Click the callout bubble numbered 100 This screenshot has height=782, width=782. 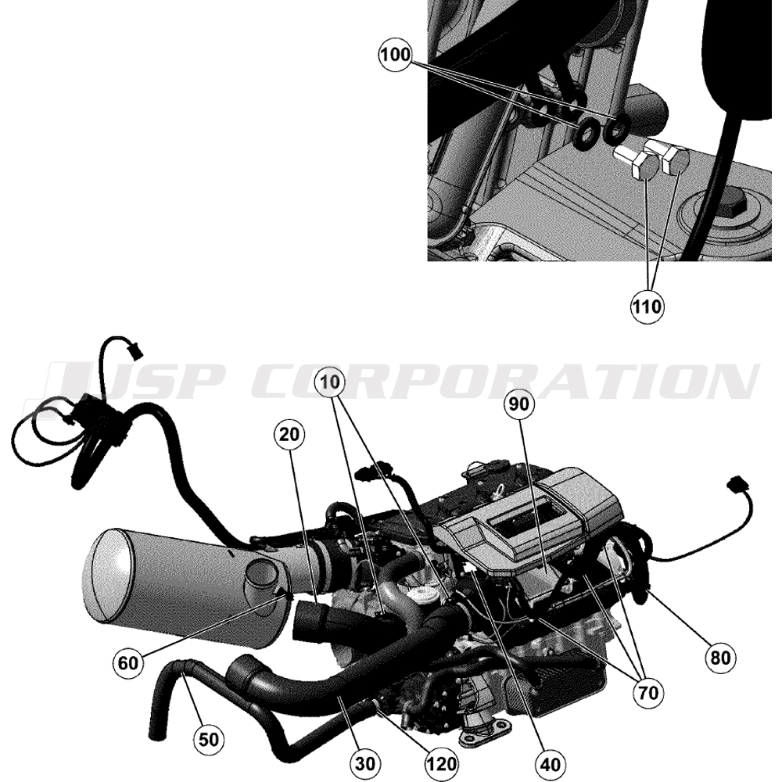(x=396, y=55)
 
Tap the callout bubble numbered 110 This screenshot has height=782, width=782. (x=647, y=307)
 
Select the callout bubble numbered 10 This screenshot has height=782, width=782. (x=330, y=382)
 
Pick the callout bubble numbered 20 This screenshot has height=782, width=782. (x=289, y=434)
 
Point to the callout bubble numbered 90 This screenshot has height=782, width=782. (x=519, y=404)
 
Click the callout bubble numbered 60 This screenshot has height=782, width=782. (x=127, y=663)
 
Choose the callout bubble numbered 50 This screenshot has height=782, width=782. (x=209, y=739)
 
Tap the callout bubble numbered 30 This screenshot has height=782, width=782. (x=366, y=763)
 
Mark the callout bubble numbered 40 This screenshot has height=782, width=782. (x=550, y=763)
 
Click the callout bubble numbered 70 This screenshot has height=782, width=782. (x=647, y=692)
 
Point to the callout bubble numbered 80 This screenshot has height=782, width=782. (x=720, y=658)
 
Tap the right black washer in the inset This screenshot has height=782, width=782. (x=616, y=128)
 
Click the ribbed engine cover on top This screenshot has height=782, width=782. (x=529, y=518)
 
